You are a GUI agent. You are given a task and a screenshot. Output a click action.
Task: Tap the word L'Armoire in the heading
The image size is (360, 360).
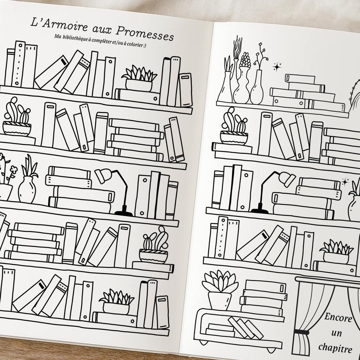[59, 25]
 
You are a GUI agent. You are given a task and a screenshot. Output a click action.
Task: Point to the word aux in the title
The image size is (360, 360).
[102, 30]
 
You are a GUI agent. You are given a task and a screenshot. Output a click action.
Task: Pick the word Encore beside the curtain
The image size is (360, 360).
[338, 318]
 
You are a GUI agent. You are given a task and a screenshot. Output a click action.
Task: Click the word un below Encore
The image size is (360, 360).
[336, 333]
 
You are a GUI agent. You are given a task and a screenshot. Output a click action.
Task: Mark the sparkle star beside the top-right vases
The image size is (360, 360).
[277, 66]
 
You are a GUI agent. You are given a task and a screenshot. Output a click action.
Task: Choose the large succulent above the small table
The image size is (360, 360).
[220, 290]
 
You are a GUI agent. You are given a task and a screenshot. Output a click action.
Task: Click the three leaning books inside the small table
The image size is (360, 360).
[246, 328]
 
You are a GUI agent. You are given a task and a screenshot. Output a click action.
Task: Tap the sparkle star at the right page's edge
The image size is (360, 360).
[345, 182]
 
